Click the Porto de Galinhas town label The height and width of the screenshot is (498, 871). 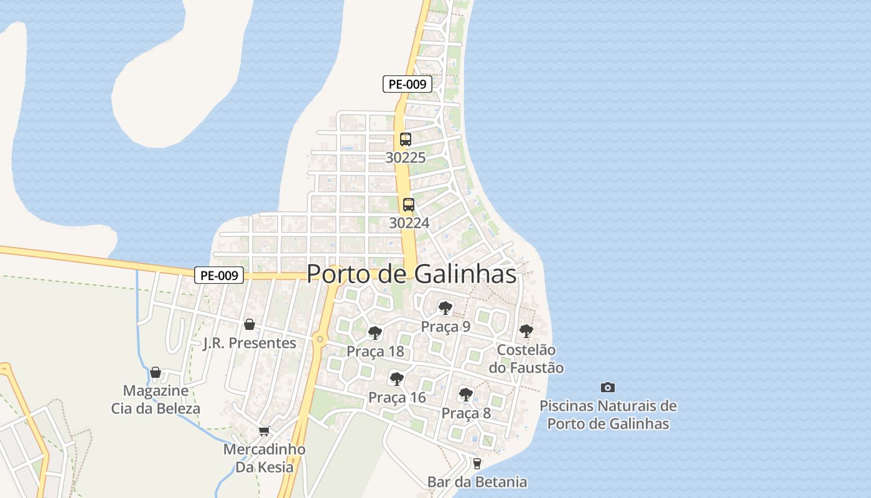coord(411,274)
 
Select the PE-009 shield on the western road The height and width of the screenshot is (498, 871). coord(218,275)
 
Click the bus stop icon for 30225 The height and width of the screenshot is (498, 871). coord(406,139)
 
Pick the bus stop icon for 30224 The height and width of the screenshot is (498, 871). coord(409,204)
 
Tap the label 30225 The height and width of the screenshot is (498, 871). coord(406,158)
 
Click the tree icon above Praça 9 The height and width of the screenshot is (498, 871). coord(445,308)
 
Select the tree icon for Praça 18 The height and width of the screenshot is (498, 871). coord(375,333)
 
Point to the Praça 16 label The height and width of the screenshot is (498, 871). coord(397,397)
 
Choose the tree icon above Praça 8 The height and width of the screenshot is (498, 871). coord(465,394)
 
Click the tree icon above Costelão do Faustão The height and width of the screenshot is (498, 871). coord(526,331)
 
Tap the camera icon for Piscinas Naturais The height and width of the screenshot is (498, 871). coord(608,387)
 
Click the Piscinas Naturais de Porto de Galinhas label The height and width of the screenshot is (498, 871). coord(608,415)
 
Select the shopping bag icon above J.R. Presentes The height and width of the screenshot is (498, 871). coord(249,324)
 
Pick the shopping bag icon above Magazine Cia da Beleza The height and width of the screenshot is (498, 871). coord(156,372)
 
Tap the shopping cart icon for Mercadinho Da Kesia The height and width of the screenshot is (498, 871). coord(264,431)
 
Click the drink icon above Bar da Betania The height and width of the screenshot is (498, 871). coord(477,463)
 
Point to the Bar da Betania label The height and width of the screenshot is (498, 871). coord(477,482)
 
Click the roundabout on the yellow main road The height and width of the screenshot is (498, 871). coord(320,339)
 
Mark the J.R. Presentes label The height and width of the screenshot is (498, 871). coord(249,343)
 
